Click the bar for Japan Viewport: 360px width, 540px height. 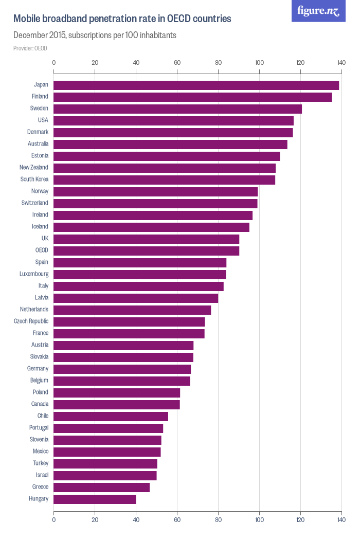pos(196,85)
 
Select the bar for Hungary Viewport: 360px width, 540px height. pos(95,499)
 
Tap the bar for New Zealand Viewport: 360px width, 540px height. pos(165,168)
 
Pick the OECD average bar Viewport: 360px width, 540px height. pos(146,250)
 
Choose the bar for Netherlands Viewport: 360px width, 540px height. pos(132,310)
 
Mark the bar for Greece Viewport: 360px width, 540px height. pos(101,487)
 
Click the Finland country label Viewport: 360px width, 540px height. pos(40,97)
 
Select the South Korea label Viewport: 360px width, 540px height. pos(34,179)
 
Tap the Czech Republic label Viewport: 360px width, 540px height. pos(31,321)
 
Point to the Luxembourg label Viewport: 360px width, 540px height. pos(34,274)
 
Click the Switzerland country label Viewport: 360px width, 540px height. pos(35,203)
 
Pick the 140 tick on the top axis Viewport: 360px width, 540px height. pos(341,63)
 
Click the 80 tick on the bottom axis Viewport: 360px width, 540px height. pos(218,520)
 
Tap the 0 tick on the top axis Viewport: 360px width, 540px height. pos(54,63)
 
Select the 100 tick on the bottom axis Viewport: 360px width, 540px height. pos(259,520)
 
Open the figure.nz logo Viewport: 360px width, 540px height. pos(318,11)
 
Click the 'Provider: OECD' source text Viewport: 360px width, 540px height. pos(30,48)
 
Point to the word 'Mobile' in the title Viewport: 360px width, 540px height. pos(27,19)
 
